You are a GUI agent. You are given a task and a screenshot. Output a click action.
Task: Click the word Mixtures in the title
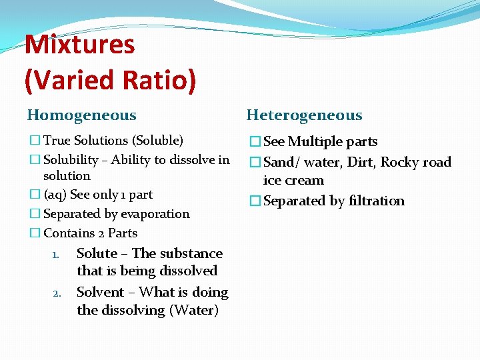click(x=79, y=45)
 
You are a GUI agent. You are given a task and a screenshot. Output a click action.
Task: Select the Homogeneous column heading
click(x=81, y=115)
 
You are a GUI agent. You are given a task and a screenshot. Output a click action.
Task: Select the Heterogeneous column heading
click(x=304, y=115)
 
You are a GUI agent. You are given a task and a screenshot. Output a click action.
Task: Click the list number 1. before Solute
click(x=57, y=255)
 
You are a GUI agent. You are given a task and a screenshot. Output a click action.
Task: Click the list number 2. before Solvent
click(x=57, y=293)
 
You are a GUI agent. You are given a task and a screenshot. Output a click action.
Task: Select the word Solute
click(x=97, y=253)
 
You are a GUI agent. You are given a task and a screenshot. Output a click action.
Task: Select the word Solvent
click(x=101, y=292)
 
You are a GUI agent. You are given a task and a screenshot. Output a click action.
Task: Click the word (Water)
click(x=194, y=310)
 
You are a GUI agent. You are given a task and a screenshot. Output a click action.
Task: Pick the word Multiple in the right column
click(x=315, y=141)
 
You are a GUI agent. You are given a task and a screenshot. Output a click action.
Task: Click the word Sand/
click(x=282, y=162)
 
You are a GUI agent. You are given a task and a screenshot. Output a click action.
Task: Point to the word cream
click(x=304, y=181)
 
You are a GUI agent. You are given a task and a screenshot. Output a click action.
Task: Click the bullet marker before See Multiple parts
click(x=254, y=142)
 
